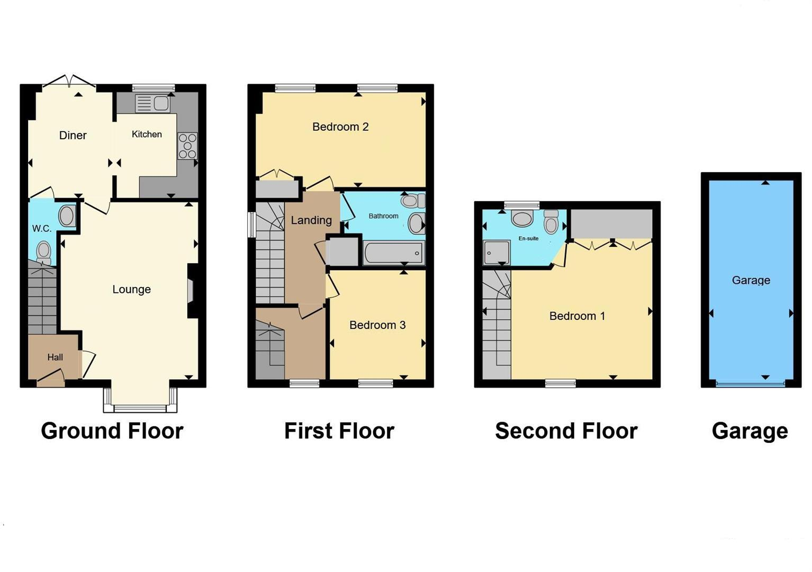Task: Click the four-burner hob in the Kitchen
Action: (x=187, y=146)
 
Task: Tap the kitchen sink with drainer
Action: (x=153, y=103)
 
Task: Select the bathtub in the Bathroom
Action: (x=394, y=253)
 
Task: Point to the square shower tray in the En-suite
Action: (x=497, y=253)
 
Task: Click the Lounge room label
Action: (x=131, y=290)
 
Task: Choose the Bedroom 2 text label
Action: (x=340, y=127)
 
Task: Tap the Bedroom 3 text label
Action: (x=377, y=325)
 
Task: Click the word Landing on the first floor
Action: (x=311, y=220)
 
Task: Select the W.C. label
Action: (x=42, y=229)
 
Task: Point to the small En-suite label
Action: (x=528, y=239)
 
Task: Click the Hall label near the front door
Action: (x=55, y=358)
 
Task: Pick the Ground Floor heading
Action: (x=112, y=431)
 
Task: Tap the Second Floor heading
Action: (x=566, y=431)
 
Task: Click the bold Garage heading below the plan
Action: (x=750, y=431)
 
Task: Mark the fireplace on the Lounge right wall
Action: (x=191, y=291)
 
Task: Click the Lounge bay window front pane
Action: (x=140, y=408)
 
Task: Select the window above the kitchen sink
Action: (x=154, y=88)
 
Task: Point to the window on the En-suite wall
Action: (x=521, y=205)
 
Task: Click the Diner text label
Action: (x=73, y=136)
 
